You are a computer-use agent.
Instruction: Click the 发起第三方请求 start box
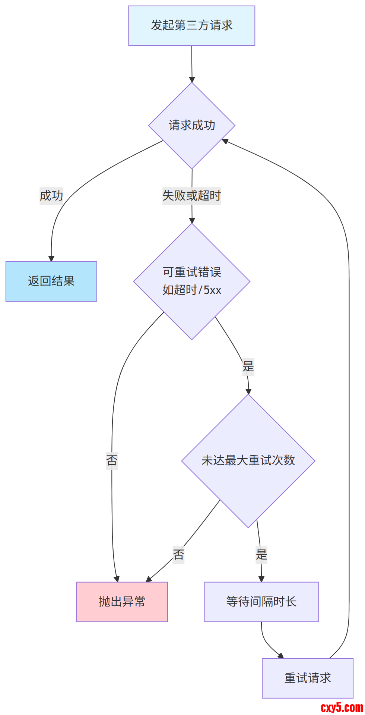pos(191,26)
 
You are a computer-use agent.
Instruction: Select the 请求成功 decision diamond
pos(191,125)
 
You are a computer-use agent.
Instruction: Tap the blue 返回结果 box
pos(51,281)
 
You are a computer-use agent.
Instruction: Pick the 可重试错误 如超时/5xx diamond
pos(191,281)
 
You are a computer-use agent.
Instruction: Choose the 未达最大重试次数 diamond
pos(248,461)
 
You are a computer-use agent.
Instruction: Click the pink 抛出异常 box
pos(122,602)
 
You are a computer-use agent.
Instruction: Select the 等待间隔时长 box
pos(261,602)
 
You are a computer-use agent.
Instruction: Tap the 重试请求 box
pos(307,678)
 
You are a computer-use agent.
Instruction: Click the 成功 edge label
pos(51,196)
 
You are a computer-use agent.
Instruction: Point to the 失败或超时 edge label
pos(191,196)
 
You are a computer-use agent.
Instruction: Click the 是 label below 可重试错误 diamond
pos(248,366)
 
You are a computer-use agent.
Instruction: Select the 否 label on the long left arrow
pos(112,460)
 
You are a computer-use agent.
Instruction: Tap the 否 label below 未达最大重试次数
pos(178,555)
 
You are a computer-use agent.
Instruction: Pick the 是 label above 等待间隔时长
pos(261,555)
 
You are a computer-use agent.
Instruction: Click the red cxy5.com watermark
pos(342,707)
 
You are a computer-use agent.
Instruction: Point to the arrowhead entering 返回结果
pos(51,259)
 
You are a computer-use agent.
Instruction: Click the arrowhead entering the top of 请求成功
pos(192,79)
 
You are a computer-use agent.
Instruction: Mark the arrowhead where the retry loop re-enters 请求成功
pos(225,141)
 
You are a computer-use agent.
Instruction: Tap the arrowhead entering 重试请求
pos(280,656)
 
